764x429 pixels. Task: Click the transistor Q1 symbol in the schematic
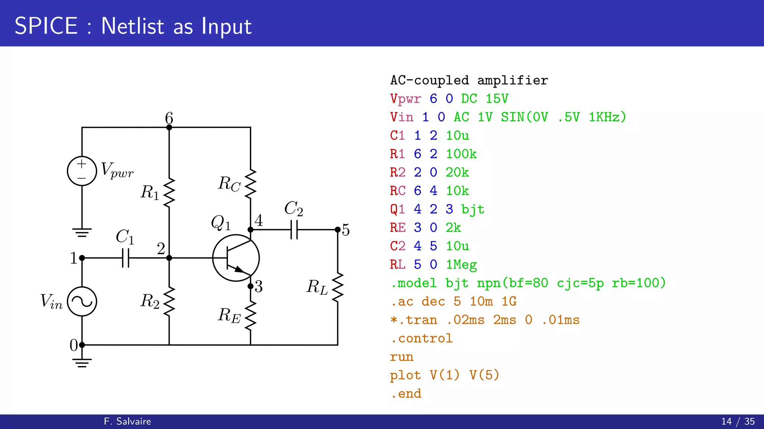coord(236,258)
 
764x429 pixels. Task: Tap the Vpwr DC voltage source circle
coord(82,171)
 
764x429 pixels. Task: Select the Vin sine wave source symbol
coord(82,301)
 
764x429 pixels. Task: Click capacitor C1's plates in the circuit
coord(126,258)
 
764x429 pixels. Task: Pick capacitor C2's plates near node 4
coord(294,229)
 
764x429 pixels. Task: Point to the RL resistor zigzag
coord(338,287)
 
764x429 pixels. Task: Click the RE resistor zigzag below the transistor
coord(250,315)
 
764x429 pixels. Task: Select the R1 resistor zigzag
coord(169,192)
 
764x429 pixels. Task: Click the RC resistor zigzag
coord(250,183)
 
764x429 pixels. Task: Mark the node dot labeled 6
coord(169,127)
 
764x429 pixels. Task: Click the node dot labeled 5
coord(338,229)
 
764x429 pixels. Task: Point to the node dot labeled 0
coord(82,345)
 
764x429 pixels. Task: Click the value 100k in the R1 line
coord(461,154)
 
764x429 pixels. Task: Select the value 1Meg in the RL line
coord(461,264)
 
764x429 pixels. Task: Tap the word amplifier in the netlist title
coord(513,80)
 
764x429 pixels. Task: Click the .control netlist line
coord(422,338)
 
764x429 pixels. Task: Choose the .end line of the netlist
coord(406,394)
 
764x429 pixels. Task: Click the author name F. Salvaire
coord(127,421)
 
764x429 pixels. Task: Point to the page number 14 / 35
coord(738,421)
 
